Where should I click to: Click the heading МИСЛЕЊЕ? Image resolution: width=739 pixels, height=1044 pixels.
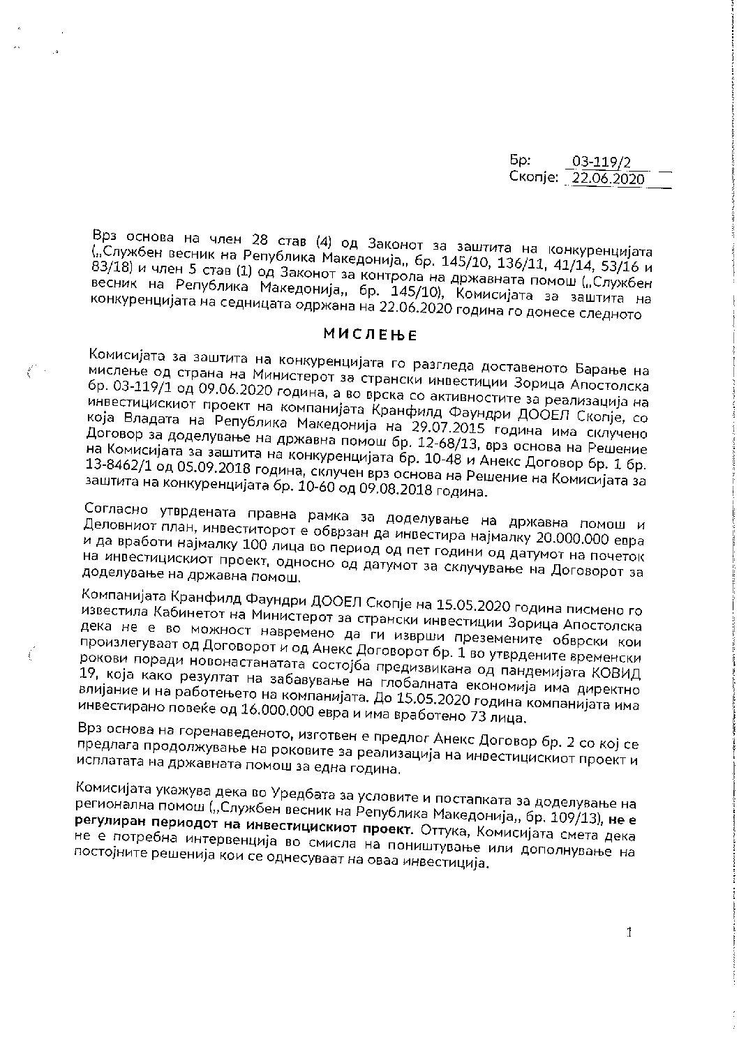click(370, 335)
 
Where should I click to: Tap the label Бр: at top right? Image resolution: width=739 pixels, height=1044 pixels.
click(521, 161)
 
